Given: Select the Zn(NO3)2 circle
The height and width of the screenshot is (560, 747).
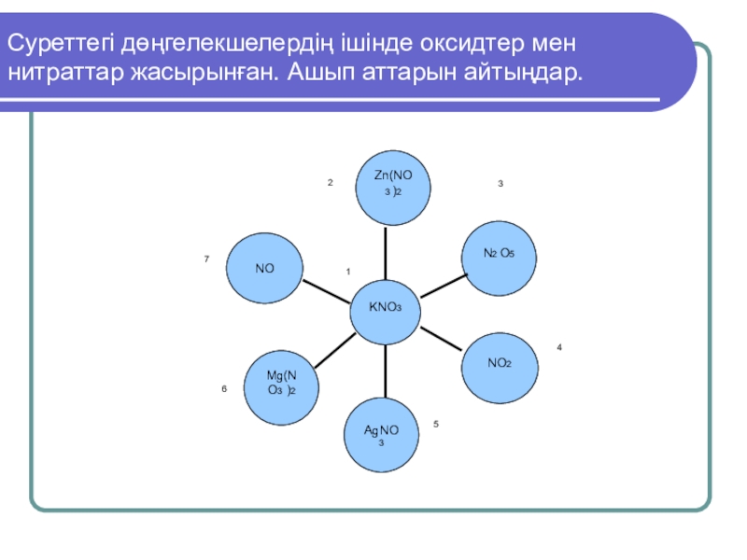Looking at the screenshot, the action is tap(392, 188).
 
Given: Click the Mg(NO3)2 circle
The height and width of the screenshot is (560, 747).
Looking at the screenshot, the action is tap(280, 386).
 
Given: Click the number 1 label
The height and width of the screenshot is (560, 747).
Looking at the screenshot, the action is tap(347, 272).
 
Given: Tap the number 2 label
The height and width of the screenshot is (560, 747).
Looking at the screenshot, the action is tap(330, 183).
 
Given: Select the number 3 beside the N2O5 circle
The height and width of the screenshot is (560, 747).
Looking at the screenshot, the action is tap(500, 184).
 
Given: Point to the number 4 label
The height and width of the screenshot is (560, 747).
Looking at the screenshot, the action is tap(559, 347).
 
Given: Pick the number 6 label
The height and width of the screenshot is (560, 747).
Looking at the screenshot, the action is tap(224, 388).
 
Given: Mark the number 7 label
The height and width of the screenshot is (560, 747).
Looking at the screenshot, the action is tap(206, 258).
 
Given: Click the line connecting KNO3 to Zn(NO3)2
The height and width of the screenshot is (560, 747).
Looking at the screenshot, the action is tap(386, 252).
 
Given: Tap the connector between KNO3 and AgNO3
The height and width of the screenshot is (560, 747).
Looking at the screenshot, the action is tap(385, 371).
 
